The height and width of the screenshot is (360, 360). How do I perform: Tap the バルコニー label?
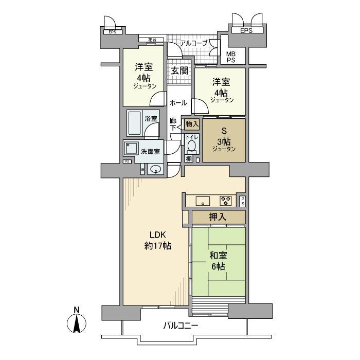[181, 326]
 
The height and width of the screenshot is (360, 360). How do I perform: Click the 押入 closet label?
[218, 218]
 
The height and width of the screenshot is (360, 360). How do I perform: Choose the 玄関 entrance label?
[179, 70]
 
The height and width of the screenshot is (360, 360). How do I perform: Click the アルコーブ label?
[193, 44]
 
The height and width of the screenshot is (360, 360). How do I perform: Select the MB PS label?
[231, 57]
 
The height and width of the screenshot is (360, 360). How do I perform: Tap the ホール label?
[178, 102]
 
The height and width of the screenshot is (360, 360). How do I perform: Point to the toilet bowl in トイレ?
[191, 146]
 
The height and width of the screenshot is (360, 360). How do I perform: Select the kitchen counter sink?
[201, 201]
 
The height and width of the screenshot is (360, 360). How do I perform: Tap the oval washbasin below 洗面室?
[155, 169]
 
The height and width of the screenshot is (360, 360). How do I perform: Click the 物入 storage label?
[192, 124]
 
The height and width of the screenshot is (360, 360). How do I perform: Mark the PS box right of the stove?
[242, 201]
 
